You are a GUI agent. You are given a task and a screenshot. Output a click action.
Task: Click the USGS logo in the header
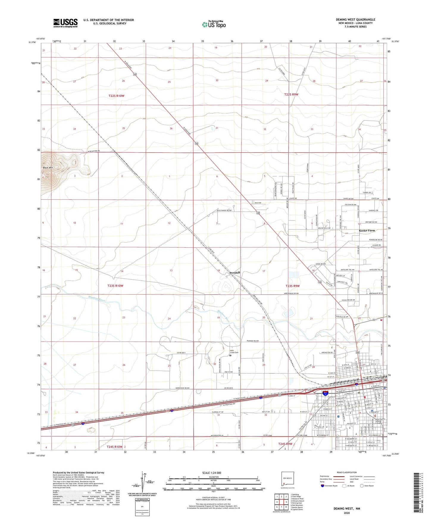click(65, 23)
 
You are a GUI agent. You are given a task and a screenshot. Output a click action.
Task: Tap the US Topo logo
click(214, 24)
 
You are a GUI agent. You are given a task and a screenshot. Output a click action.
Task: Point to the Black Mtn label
click(48, 168)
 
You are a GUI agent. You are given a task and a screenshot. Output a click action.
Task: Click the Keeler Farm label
click(367, 230)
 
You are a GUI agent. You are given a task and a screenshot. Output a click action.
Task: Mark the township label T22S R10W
click(116, 96)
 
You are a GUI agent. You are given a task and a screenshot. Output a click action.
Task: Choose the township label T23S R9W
click(293, 286)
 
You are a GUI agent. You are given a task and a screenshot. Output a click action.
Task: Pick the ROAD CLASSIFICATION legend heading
click(347, 472)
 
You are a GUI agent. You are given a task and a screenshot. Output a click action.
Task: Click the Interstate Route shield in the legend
click(322, 486)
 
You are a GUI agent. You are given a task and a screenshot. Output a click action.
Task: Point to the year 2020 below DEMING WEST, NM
click(347, 513)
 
